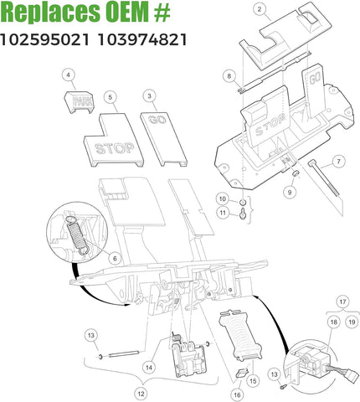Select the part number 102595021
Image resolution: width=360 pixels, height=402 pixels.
tap(45, 39)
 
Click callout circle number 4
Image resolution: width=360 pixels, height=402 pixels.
tap(67, 75)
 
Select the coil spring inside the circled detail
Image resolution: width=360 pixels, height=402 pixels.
tap(75, 234)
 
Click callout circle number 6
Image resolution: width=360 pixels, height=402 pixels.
tap(115, 259)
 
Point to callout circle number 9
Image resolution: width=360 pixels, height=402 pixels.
tap(290, 192)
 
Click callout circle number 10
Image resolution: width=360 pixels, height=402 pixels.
tap(222, 199)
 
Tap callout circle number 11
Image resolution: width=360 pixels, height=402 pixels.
tap(222, 214)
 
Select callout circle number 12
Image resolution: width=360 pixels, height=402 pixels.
tap(141, 393)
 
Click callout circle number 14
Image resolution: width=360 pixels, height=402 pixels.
tap(148, 366)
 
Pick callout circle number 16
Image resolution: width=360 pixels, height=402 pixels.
tap(237, 394)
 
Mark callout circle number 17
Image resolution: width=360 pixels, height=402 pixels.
tap(342, 300)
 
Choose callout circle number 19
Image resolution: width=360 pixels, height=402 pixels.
tap(351, 321)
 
